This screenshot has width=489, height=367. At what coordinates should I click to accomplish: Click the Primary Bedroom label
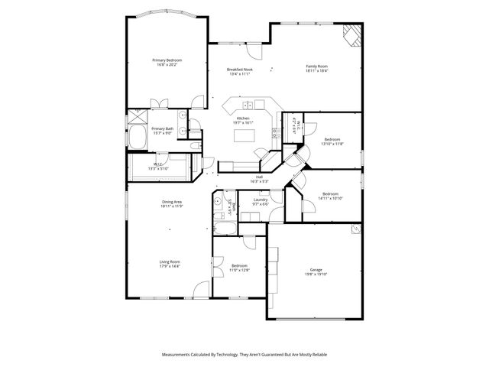point(167,60)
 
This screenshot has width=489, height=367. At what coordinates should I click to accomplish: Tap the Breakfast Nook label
point(239,69)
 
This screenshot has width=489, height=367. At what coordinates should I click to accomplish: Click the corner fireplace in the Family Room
point(351,35)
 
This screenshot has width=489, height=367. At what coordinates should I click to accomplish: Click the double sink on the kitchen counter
point(248,105)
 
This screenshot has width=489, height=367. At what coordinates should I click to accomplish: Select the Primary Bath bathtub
point(138,138)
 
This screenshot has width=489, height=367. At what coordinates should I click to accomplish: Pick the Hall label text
point(260,176)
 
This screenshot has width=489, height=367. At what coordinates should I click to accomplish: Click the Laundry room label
point(260,200)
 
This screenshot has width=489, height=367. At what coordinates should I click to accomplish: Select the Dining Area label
point(170,201)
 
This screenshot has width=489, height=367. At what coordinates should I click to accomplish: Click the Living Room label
point(169,261)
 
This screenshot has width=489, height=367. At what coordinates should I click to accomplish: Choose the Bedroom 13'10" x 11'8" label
point(332,139)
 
